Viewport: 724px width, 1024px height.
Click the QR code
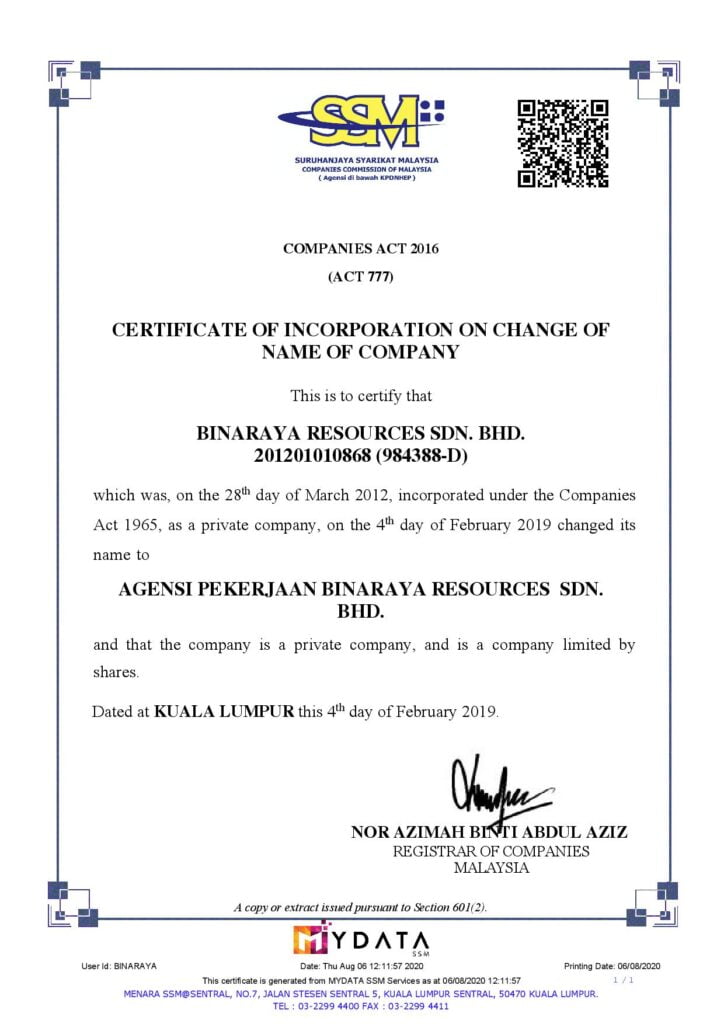click(563, 144)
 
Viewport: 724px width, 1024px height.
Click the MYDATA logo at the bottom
click(361, 940)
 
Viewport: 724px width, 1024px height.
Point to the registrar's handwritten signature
click(500, 789)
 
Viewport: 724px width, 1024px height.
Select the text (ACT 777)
click(361, 277)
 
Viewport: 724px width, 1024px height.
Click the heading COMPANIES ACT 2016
click(361, 248)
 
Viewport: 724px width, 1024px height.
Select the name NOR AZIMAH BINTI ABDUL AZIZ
click(489, 832)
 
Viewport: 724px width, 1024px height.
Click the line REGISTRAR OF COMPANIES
click(490, 851)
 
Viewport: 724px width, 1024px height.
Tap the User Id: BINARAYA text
click(119, 966)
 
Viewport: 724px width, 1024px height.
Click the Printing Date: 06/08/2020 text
click(612, 966)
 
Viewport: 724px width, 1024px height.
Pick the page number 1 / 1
click(630, 980)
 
